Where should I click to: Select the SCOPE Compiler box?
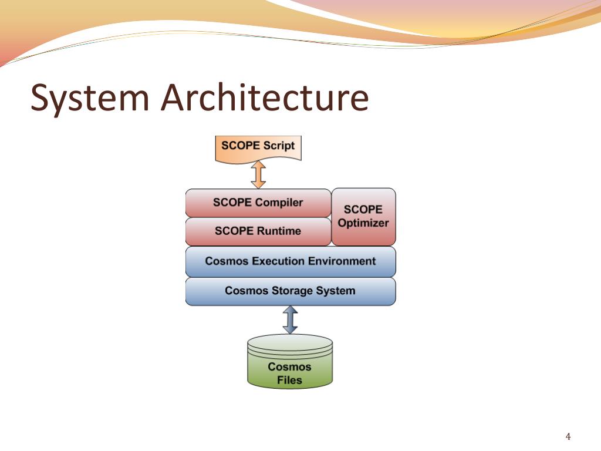(258, 203)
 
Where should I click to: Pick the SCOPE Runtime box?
(258, 231)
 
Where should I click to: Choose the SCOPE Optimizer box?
(363, 216)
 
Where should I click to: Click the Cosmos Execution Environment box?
(291, 261)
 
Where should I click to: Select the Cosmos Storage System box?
(291, 291)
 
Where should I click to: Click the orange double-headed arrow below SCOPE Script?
(258, 174)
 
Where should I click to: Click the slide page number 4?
(568, 436)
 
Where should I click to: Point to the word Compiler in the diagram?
(279, 203)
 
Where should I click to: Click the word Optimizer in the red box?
(363, 223)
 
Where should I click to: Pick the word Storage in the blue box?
(291, 291)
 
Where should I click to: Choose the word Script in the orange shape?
(279, 146)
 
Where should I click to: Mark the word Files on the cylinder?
(290, 380)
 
